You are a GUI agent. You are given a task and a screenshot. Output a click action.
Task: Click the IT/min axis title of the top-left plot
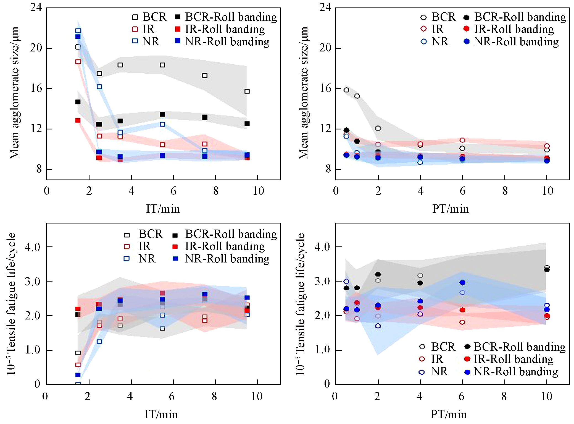(x=163, y=209)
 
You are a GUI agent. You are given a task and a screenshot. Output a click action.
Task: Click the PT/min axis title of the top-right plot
(x=450, y=209)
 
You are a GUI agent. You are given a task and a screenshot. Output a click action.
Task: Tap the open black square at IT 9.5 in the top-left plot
(x=247, y=91)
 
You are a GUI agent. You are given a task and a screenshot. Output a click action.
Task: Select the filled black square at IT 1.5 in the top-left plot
(x=78, y=102)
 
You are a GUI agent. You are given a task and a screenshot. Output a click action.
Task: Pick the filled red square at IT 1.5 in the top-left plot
(x=78, y=120)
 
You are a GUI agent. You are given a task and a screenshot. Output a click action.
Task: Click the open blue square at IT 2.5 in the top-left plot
(x=99, y=87)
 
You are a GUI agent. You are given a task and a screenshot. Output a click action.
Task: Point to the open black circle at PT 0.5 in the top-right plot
(x=346, y=90)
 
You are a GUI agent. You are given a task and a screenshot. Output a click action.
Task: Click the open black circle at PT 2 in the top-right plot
(x=378, y=128)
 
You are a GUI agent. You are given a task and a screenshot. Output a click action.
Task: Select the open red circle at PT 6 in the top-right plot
(x=462, y=140)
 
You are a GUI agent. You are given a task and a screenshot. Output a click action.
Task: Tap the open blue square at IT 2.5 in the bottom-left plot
(x=99, y=342)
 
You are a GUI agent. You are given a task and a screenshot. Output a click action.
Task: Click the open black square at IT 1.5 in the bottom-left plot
(x=78, y=353)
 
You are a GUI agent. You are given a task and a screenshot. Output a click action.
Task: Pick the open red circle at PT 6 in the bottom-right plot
(x=462, y=322)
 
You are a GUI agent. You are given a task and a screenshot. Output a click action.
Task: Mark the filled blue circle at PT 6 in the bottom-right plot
(x=462, y=283)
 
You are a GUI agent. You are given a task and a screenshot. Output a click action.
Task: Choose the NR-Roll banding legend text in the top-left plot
(x=227, y=41)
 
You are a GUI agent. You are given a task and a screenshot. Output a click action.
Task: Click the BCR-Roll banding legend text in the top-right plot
(x=520, y=17)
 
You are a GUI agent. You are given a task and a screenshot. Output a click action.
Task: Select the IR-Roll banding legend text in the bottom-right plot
(x=514, y=359)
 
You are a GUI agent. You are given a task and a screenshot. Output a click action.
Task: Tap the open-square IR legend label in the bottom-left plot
(x=144, y=246)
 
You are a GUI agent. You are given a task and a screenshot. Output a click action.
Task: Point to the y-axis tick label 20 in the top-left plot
(x=36, y=48)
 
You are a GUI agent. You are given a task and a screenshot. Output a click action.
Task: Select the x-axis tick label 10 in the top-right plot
(x=547, y=191)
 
